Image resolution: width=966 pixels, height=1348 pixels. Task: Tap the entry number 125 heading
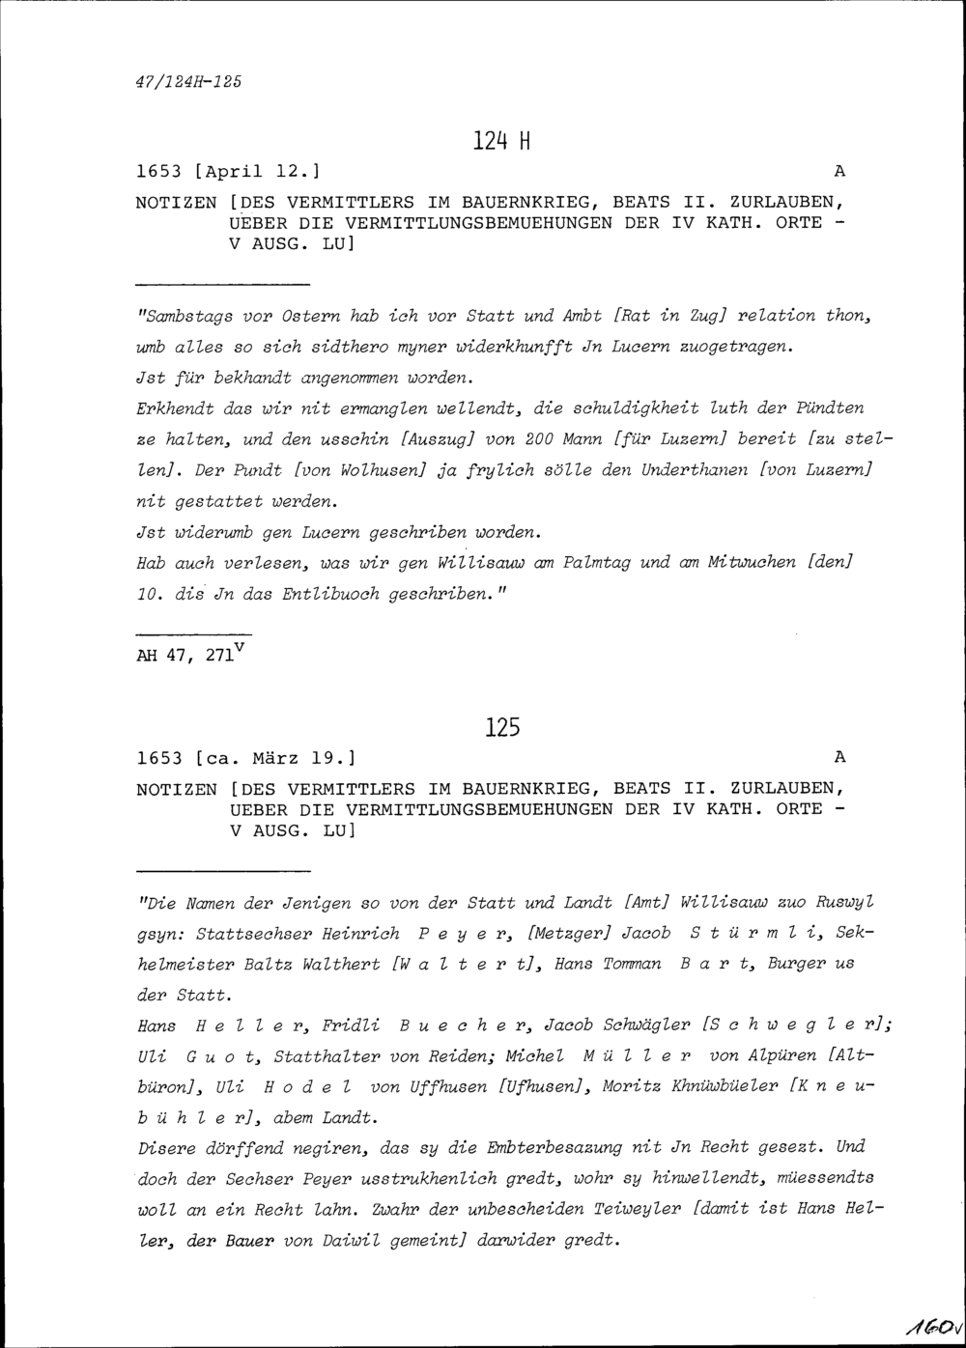coord(501,727)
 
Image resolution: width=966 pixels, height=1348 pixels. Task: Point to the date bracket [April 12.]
coord(257,172)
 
